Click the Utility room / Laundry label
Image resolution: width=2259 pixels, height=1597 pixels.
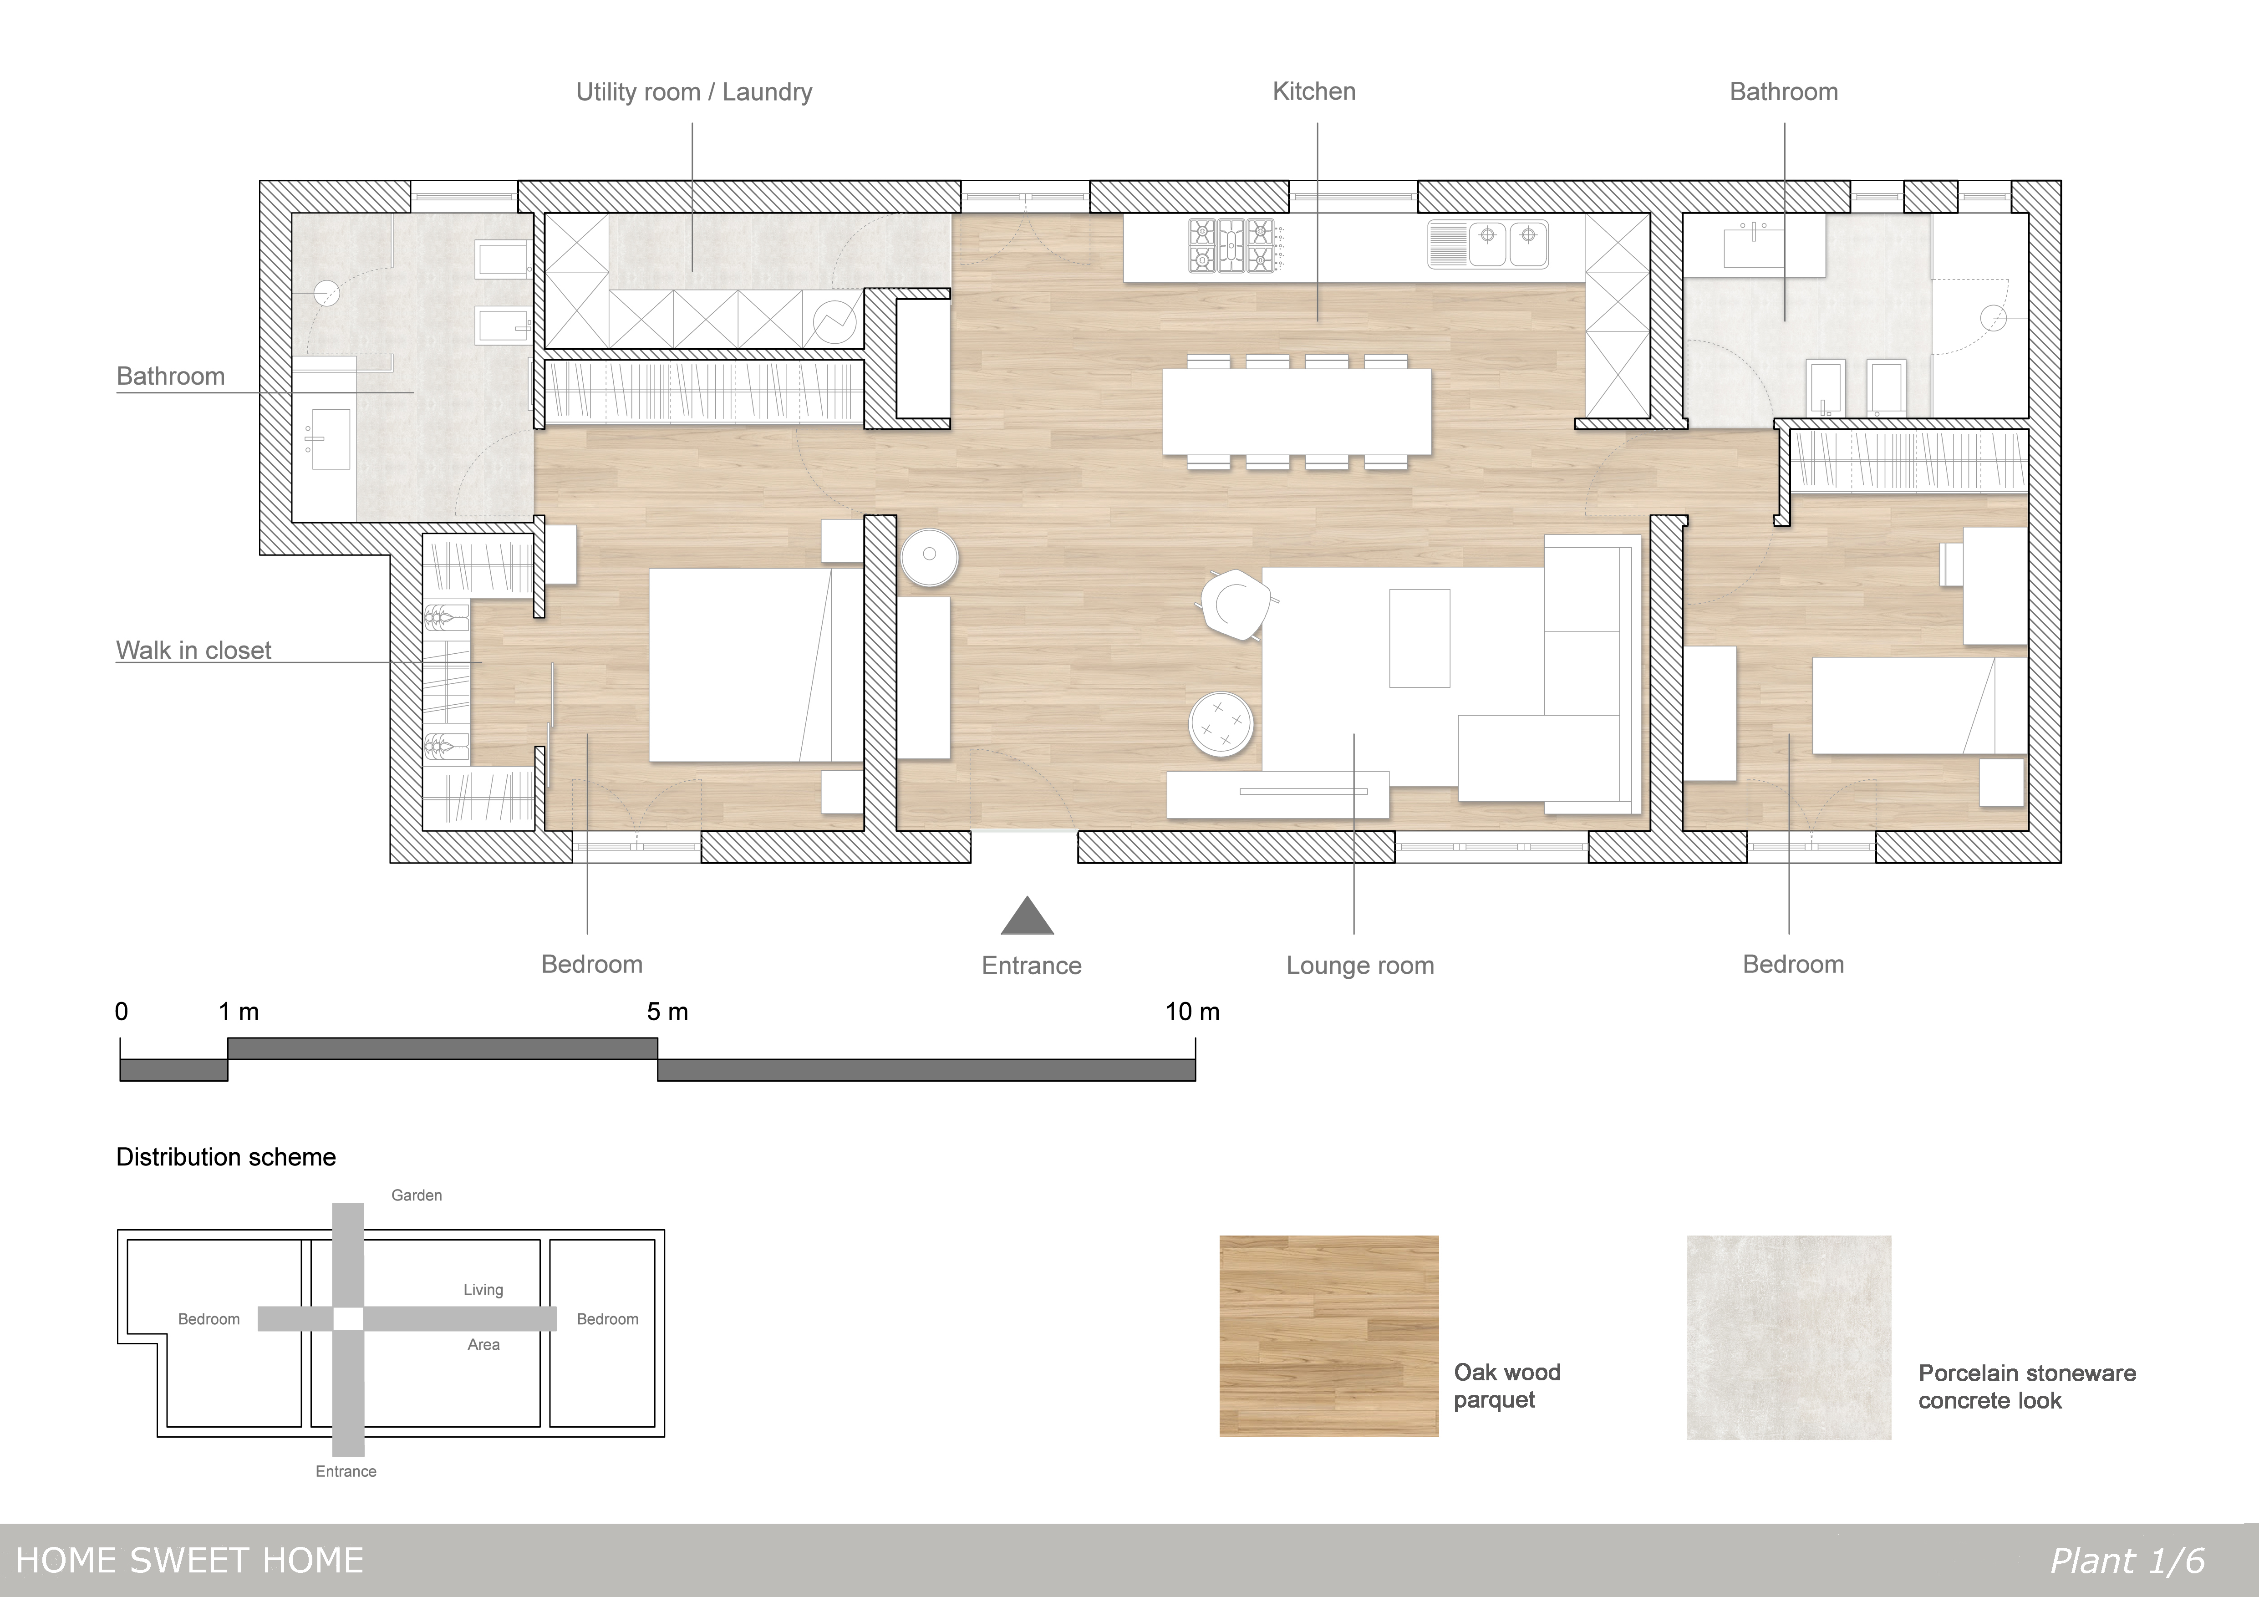694,92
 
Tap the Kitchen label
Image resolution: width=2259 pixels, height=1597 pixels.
1313,92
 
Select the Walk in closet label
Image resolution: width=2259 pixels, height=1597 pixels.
194,651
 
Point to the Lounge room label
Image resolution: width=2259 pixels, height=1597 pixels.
1360,965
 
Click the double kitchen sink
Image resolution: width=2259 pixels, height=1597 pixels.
1488,244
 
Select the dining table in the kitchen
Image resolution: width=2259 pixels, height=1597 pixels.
1297,411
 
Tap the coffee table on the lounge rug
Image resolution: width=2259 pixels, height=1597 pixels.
1419,638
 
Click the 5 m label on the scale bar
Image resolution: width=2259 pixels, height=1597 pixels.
667,1012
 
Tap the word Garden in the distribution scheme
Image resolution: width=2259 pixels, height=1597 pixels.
416,1195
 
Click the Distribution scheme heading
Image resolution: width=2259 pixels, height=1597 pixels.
226,1157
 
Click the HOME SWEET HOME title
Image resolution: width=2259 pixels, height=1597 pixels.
190,1561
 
